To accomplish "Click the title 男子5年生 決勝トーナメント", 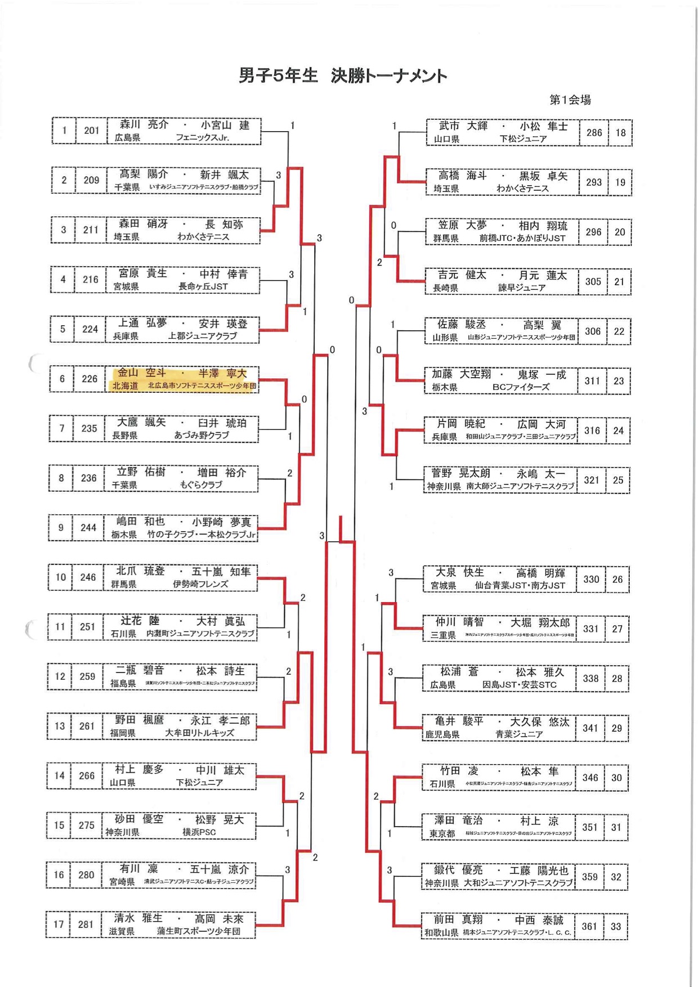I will tap(343, 75).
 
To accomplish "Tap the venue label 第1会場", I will tap(570, 100).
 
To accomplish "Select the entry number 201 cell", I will tap(91, 131).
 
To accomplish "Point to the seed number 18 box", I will tap(620, 133).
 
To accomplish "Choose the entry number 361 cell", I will tap(589, 926).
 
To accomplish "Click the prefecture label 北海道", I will tap(125, 386).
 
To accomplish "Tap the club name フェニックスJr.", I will tap(202, 138).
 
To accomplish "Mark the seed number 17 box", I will tap(59, 924).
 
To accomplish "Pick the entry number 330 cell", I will tap(591, 579).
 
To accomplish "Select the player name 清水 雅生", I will tap(138, 918).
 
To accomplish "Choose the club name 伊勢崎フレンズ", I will tap(200, 585).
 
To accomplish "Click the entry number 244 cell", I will tap(88, 528).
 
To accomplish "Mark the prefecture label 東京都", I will tap(442, 834).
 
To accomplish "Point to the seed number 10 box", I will tap(60, 577).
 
